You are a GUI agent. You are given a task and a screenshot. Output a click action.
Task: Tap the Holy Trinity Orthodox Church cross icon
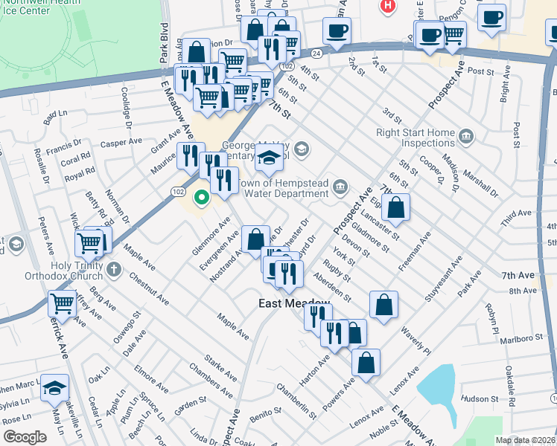pyautogui.click(x=113, y=268)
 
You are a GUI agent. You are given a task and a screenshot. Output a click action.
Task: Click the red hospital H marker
pyautogui.click(x=386, y=6)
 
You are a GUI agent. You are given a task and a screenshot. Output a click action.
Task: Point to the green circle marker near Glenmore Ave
pyautogui.click(x=200, y=198)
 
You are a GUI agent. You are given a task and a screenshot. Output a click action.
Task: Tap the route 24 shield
pyautogui.click(x=316, y=54)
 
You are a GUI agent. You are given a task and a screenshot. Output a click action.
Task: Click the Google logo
pyautogui.click(x=24, y=437)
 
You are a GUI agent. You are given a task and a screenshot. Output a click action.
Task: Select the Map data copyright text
pyautogui.click(x=526, y=440)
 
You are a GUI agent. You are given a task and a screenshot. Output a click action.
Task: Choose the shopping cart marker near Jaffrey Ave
pyautogui.click(x=62, y=303)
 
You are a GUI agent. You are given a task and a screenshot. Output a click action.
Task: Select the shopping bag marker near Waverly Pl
pyautogui.click(x=383, y=304)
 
